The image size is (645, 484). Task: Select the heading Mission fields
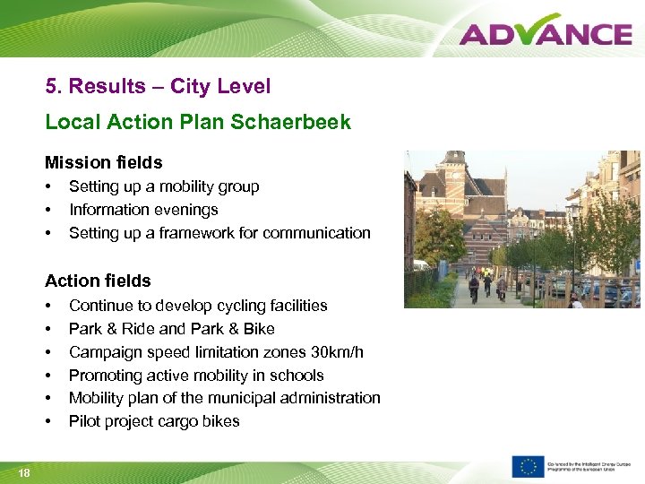(x=104, y=162)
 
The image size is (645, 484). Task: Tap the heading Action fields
(x=98, y=281)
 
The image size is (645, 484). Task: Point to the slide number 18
(x=23, y=472)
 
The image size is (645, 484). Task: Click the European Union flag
(x=528, y=467)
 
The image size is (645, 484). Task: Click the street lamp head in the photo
(x=571, y=210)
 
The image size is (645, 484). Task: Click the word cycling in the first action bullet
(x=235, y=306)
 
